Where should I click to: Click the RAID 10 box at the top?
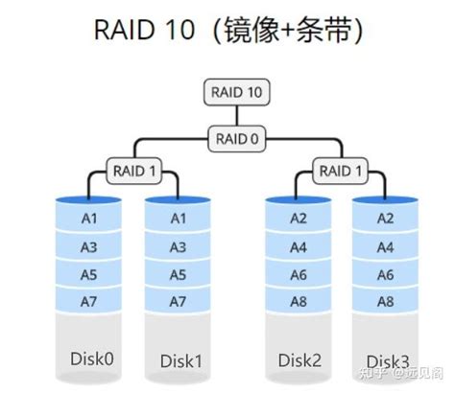(236, 93)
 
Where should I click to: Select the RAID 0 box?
(236, 140)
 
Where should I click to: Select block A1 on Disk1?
(179, 219)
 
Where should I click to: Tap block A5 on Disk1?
(179, 274)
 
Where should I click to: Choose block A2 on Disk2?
(299, 219)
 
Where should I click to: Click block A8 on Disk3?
(385, 302)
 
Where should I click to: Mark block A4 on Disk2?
(299, 246)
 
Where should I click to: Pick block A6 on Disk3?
(385, 274)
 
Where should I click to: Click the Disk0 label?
(92, 358)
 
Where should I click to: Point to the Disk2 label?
(299, 359)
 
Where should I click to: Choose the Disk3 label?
(386, 361)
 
